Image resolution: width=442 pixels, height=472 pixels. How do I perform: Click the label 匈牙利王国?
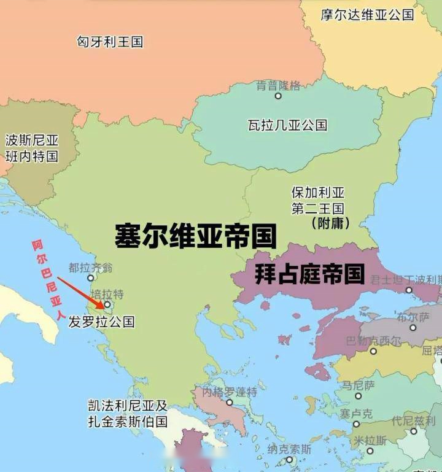(110, 42)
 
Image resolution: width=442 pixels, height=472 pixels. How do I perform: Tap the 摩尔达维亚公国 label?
(367, 14)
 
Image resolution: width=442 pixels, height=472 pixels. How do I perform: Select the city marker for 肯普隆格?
(278, 96)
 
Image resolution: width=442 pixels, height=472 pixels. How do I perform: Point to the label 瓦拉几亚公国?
(287, 125)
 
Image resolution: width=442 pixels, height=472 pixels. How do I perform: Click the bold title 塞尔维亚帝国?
(195, 236)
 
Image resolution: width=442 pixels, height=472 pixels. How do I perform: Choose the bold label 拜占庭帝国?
(309, 274)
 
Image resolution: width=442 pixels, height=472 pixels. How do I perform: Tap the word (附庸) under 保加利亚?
(330, 223)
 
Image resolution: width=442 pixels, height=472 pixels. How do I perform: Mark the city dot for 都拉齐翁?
(91, 278)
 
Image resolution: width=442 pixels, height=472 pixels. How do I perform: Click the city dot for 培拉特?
(107, 304)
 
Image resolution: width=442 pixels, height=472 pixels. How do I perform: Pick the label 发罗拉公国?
(101, 322)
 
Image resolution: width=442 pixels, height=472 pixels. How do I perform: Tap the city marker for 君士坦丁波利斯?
(408, 290)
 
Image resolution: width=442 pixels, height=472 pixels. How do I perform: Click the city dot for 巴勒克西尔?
(373, 352)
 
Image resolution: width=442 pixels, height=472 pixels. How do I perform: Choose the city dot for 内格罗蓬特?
(229, 403)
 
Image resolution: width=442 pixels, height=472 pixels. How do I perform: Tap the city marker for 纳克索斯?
(289, 460)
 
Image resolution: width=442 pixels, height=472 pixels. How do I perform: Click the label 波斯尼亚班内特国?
(31, 148)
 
